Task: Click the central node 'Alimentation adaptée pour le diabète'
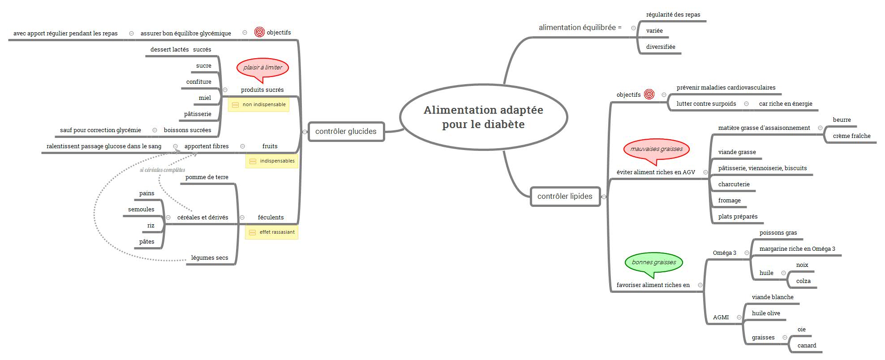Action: click(483, 117)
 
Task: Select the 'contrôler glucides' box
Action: click(346, 131)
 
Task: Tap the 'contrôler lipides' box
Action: click(565, 196)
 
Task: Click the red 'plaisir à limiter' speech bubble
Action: click(262, 68)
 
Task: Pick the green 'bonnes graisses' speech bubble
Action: click(654, 262)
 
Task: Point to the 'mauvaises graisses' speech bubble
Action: click(657, 149)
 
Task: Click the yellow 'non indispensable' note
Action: click(259, 105)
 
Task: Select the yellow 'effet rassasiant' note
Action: click(271, 232)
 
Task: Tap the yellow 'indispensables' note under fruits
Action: click(272, 161)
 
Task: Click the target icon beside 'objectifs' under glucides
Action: click(259, 32)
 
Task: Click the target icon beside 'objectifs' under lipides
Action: click(649, 94)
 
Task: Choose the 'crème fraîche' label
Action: click(851, 136)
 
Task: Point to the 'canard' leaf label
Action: click(807, 346)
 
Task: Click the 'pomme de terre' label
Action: click(207, 177)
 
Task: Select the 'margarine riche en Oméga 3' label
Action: click(797, 249)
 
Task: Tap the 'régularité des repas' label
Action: click(673, 15)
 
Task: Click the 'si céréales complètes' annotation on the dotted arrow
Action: click(162, 170)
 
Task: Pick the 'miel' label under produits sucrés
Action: click(205, 98)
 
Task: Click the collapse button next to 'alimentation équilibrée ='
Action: click(633, 28)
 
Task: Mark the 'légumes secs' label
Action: click(210, 258)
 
